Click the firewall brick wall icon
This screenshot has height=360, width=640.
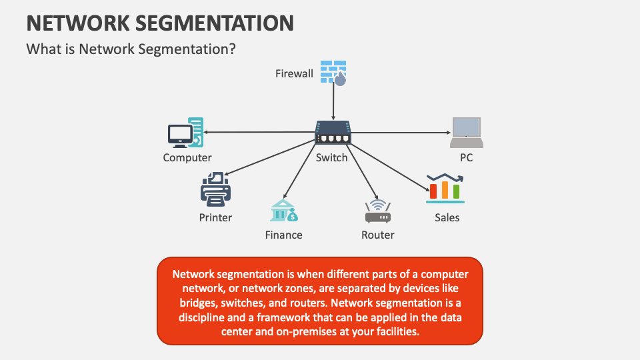point(333,72)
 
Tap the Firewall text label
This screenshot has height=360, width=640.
point(294,73)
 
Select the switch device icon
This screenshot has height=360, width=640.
point(333,132)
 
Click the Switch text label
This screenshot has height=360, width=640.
point(332,158)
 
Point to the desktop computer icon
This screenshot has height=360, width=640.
point(185,133)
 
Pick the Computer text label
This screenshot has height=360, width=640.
point(187,158)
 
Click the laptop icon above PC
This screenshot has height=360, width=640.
point(466,132)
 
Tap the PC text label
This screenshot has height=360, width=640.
point(466,158)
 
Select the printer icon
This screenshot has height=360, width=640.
point(215,189)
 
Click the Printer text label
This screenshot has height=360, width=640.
point(215,217)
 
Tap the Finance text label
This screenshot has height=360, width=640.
point(283,235)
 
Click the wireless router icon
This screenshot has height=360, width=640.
point(377,212)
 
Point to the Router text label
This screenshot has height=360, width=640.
point(377,235)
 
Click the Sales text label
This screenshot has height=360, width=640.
point(447,217)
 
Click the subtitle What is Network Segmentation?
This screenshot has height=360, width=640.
point(131,49)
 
